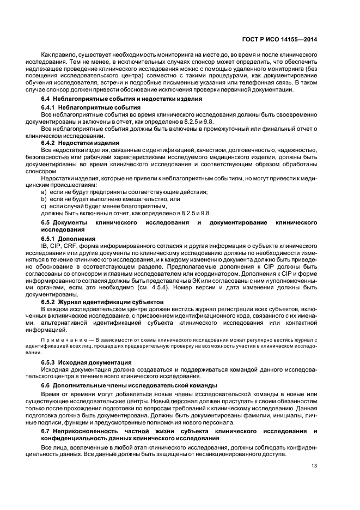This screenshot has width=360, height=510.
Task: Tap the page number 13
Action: [x=314, y=465]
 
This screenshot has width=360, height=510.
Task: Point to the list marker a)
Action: [x=44, y=192]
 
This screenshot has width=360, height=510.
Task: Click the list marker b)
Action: [x=44, y=199]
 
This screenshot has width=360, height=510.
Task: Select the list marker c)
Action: [x=44, y=207]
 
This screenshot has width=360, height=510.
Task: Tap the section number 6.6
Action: [x=46, y=385]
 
